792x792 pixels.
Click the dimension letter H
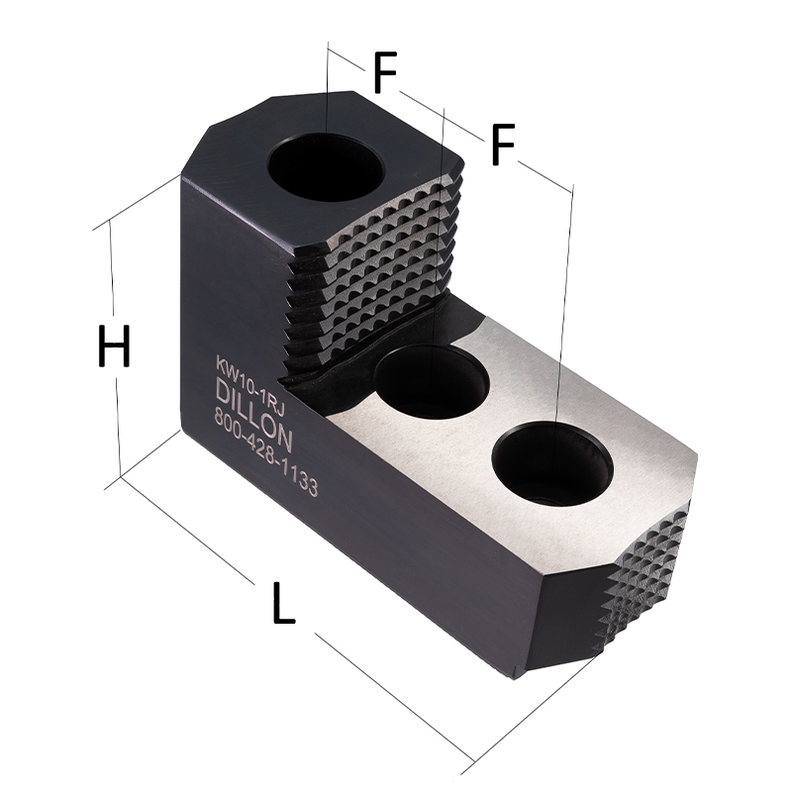pos(114,346)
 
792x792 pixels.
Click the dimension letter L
pos(283,603)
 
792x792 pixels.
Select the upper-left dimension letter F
pos(385,71)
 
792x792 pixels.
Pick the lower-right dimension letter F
pos(503,145)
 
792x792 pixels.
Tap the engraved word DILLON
pos(254,415)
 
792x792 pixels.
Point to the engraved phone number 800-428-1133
pos(266,452)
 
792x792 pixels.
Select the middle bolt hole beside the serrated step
pos(432,381)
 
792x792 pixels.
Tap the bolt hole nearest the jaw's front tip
pos(552,464)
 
